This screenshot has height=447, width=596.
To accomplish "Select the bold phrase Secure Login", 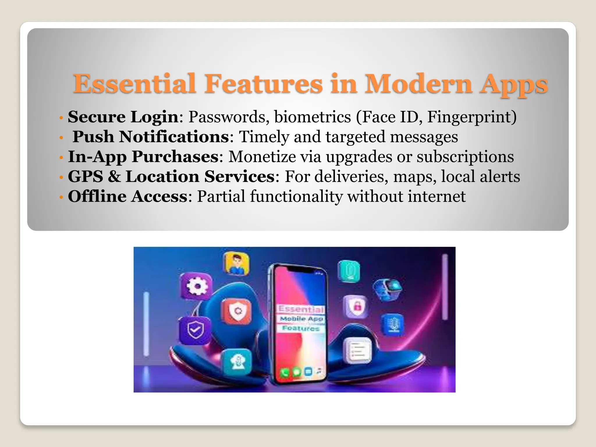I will tap(123, 117).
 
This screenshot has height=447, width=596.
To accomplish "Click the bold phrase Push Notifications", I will tap(151, 137).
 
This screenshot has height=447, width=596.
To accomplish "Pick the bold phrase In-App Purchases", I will tap(143, 157).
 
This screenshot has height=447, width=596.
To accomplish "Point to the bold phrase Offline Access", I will tap(127, 196).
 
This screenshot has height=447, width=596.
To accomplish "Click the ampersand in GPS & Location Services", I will tap(114, 177).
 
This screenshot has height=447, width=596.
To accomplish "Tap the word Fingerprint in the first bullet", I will tap(471, 117).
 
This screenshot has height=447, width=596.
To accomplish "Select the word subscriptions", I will tap(465, 157).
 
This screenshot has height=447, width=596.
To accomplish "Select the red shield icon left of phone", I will tap(237, 311).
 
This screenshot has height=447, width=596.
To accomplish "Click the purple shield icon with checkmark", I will tap(195, 331).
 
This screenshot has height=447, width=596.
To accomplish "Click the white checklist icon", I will tap(357, 350).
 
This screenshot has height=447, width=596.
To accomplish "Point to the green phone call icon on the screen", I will tap(285, 372).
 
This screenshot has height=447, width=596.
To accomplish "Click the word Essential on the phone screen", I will tap(301, 309).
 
